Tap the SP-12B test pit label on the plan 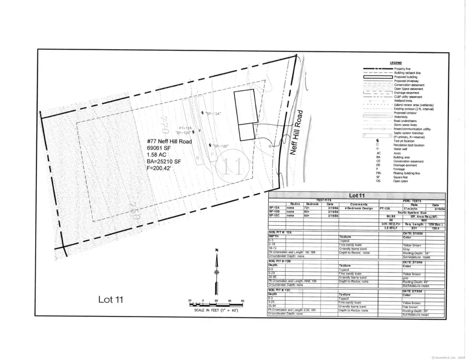click(221, 146)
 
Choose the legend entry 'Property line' click(408, 68)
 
